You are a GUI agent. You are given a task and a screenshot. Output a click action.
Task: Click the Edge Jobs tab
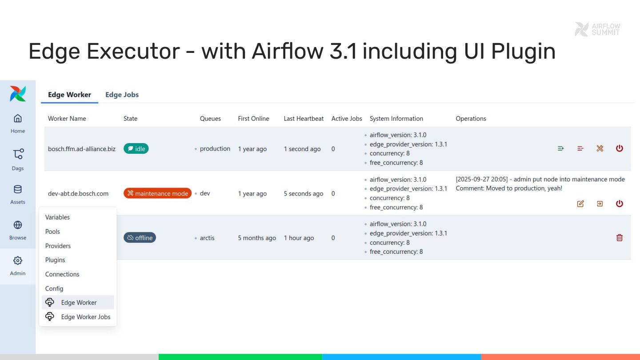coord(122,95)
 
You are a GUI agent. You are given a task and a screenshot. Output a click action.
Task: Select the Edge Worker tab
coord(69,95)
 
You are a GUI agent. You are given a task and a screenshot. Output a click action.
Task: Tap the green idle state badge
coord(136,149)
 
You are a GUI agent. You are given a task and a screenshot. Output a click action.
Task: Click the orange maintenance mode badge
coord(157,193)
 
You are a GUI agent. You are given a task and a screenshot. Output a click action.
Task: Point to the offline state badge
coord(140,238)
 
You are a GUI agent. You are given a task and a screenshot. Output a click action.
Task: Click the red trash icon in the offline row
coord(620,238)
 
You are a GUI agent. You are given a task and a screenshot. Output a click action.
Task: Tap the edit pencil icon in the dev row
coord(580,204)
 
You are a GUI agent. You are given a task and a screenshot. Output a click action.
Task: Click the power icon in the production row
coord(620,148)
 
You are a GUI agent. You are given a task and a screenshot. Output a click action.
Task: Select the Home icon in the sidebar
coord(18,119)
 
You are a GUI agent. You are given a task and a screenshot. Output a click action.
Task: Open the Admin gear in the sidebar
coord(18,261)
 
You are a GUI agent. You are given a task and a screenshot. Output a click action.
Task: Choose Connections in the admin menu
coord(62,274)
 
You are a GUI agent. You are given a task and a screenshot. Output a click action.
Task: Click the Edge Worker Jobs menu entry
coord(85,317)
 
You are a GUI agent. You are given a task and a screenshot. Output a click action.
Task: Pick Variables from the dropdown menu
coord(57,217)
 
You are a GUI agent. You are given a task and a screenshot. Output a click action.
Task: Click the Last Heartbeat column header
coord(304,119)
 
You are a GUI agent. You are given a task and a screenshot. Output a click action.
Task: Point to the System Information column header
coord(396,119)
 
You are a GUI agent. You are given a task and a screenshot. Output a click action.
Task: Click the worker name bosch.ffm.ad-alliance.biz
coord(81,149)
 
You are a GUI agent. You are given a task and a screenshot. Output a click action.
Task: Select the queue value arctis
coord(207,238)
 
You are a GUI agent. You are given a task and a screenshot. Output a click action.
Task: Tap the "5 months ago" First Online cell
coord(257,238)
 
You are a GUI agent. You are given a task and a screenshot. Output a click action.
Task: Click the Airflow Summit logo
coord(597,29)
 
